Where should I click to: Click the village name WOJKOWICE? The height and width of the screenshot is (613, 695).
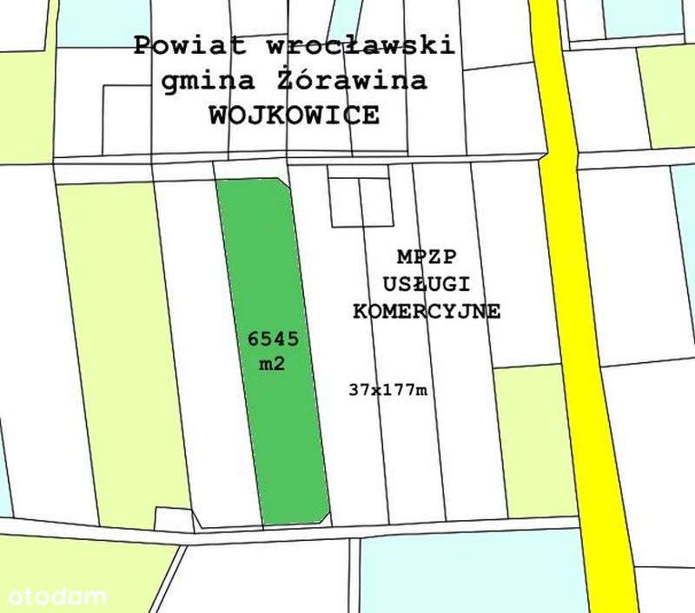point(294,116)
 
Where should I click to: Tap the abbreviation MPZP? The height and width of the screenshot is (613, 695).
point(427,257)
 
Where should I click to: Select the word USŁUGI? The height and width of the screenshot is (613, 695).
point(427,284)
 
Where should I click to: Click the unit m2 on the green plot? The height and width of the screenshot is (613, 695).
point(267,365)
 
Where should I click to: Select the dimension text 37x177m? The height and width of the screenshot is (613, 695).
point(388,390)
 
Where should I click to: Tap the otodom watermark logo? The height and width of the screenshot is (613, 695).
point(56,597)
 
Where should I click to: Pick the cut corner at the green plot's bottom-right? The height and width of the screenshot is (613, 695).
point(324,518)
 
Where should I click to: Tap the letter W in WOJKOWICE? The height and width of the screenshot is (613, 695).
point(219,116)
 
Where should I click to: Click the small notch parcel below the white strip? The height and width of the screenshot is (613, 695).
point(174,519)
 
